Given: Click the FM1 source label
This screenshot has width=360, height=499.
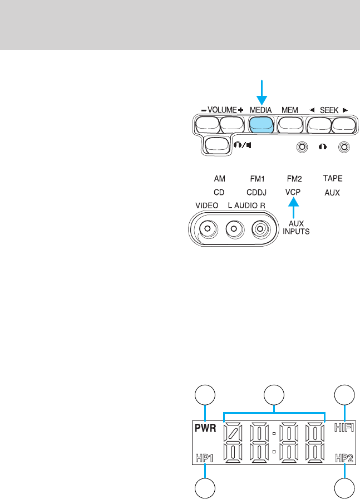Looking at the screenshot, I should pyautogui.click(x=258, y=179).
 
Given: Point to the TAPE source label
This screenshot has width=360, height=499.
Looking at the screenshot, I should pyautogui.click(x=333, y=179).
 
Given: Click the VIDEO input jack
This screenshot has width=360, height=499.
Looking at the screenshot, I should pyautogui.click(x=208, y=228).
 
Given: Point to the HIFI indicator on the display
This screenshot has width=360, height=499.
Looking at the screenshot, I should pyautogui.click(x=344, y=428).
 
